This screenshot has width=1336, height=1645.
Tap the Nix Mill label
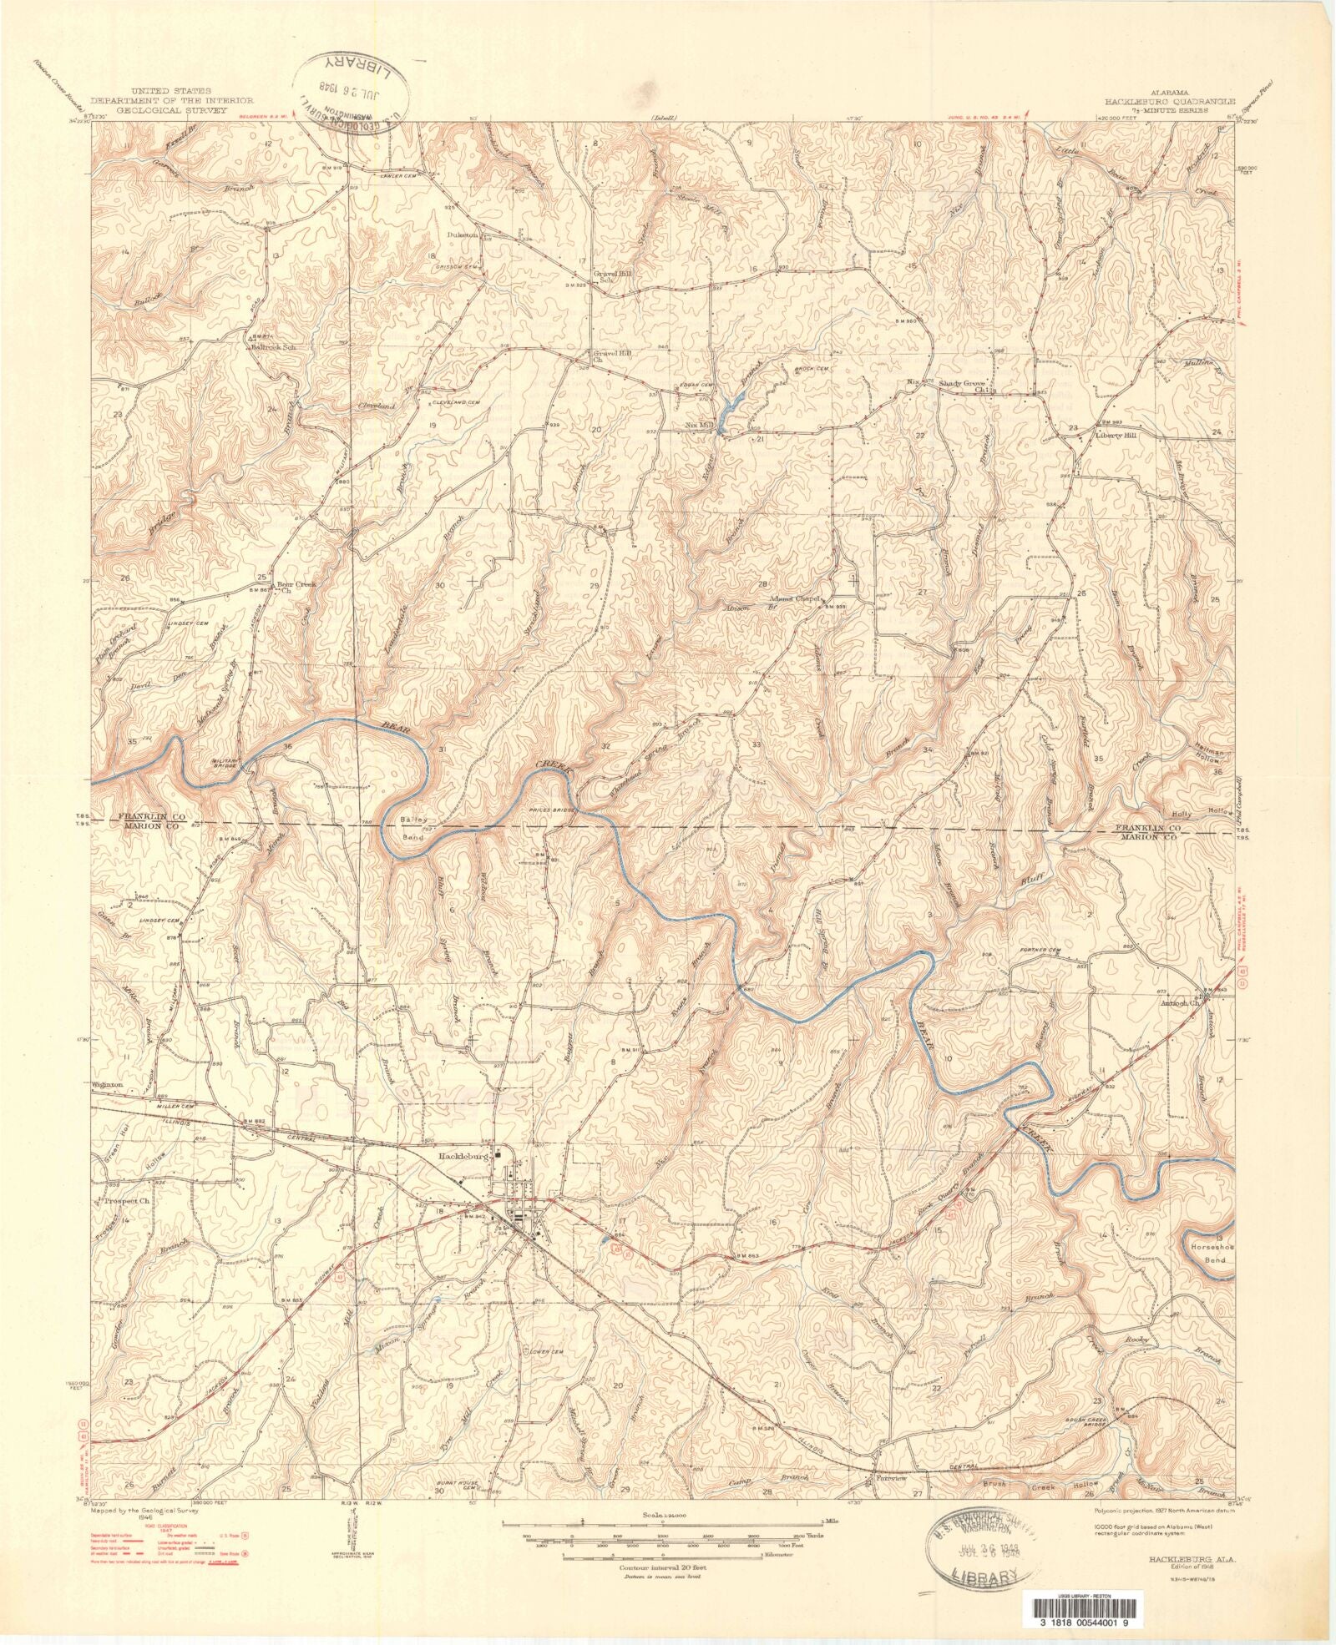(x=700, y=425)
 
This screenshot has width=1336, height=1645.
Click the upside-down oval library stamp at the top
(x=352, y=93)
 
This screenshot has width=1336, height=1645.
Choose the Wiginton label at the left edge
(x=108, y=1085)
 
